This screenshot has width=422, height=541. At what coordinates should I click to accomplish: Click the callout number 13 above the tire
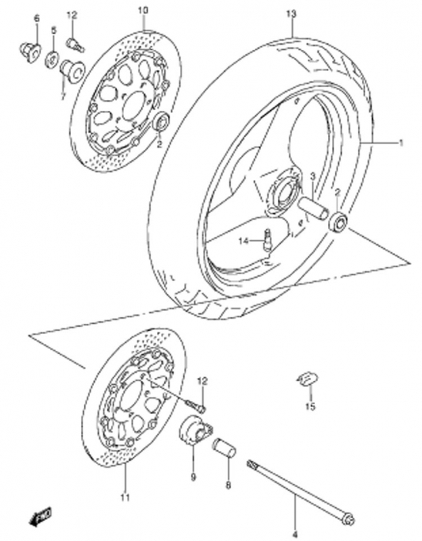coord(291,14)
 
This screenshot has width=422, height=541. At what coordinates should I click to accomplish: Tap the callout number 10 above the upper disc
coord(143,10)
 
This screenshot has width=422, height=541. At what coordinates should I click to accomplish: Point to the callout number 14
coord(243,241)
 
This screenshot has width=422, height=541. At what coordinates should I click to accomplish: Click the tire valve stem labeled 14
coord(267,239)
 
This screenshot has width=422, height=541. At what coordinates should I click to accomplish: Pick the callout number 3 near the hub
coord(312,177)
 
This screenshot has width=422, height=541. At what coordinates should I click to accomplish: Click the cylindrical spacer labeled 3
coord(313,207)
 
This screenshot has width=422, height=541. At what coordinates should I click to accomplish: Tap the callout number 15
coord(310,406)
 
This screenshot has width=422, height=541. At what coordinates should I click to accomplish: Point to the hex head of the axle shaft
coord(349,517)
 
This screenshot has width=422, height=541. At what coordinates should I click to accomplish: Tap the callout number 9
coord(193,477)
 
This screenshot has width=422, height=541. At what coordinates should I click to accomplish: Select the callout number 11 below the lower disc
coord(125,497)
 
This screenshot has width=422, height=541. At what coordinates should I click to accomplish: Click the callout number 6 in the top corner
coord(37,19)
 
